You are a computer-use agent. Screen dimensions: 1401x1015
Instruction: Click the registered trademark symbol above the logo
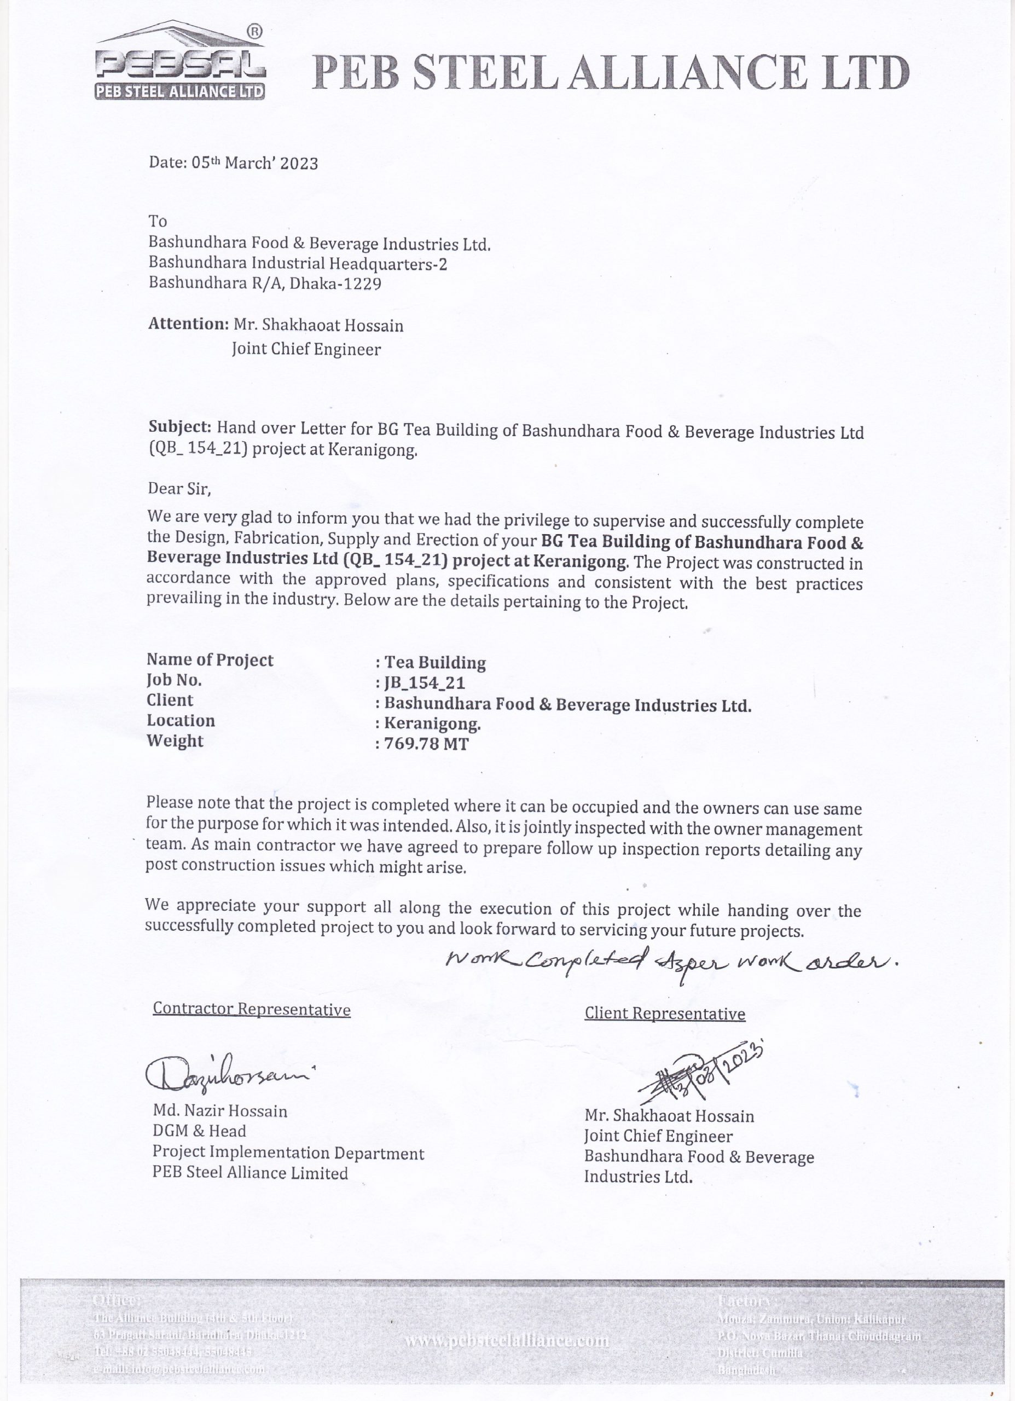pos(254,30)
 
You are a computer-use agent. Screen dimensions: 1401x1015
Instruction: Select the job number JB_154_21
pos(425,683)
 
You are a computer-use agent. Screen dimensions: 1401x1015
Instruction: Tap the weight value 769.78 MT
pos(426,743)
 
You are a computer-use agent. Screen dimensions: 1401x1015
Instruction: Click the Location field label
pos(181,720)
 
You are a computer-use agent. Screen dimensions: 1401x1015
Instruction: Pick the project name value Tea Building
pos(435,663)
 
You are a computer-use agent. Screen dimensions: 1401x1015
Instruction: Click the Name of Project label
pos(210,660)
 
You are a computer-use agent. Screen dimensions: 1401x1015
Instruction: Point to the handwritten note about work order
pos(670,960)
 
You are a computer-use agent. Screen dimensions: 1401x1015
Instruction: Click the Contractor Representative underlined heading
pos(252,1009)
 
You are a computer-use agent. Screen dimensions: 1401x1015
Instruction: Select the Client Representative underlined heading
pos(665,1014)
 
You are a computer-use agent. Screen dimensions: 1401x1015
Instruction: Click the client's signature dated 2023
pos(701,1074)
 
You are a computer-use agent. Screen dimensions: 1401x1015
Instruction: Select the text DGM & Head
pos(199,1131)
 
